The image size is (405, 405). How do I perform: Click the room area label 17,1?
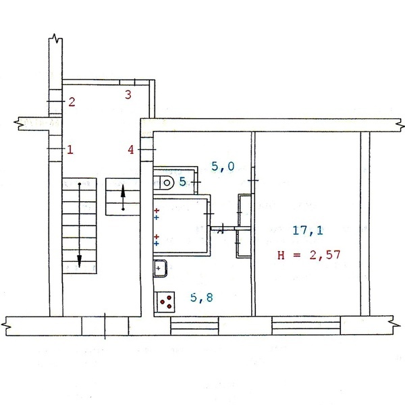coord(308,230)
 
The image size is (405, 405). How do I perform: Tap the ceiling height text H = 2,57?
coord(309,255)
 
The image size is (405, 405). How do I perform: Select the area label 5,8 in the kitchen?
coord(202,298)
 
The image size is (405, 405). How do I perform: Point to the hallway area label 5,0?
coord(223,166)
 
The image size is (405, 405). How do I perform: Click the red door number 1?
coord(70,150)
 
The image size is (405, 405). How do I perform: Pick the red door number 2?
coord(72,102)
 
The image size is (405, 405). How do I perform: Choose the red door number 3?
coord(128,94)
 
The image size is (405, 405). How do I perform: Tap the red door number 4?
coord(131,150)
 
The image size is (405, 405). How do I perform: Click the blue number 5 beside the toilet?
coord(183,182)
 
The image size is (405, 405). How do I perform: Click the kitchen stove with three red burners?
coord(165,302)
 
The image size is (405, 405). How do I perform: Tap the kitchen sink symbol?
coord(160,269)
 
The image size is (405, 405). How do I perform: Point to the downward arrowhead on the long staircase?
coord(79,261)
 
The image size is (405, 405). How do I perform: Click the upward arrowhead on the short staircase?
coord(124,191)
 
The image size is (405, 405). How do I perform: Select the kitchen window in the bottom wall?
coord(194,326)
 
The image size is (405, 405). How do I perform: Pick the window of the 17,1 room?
coord(306,326)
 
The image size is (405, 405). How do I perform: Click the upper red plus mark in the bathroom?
coord(157,211)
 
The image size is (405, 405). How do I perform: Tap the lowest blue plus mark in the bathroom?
coord(157,244)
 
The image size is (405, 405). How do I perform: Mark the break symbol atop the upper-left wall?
coord(55,38)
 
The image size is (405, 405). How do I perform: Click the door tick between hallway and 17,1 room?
coord(253,180)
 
